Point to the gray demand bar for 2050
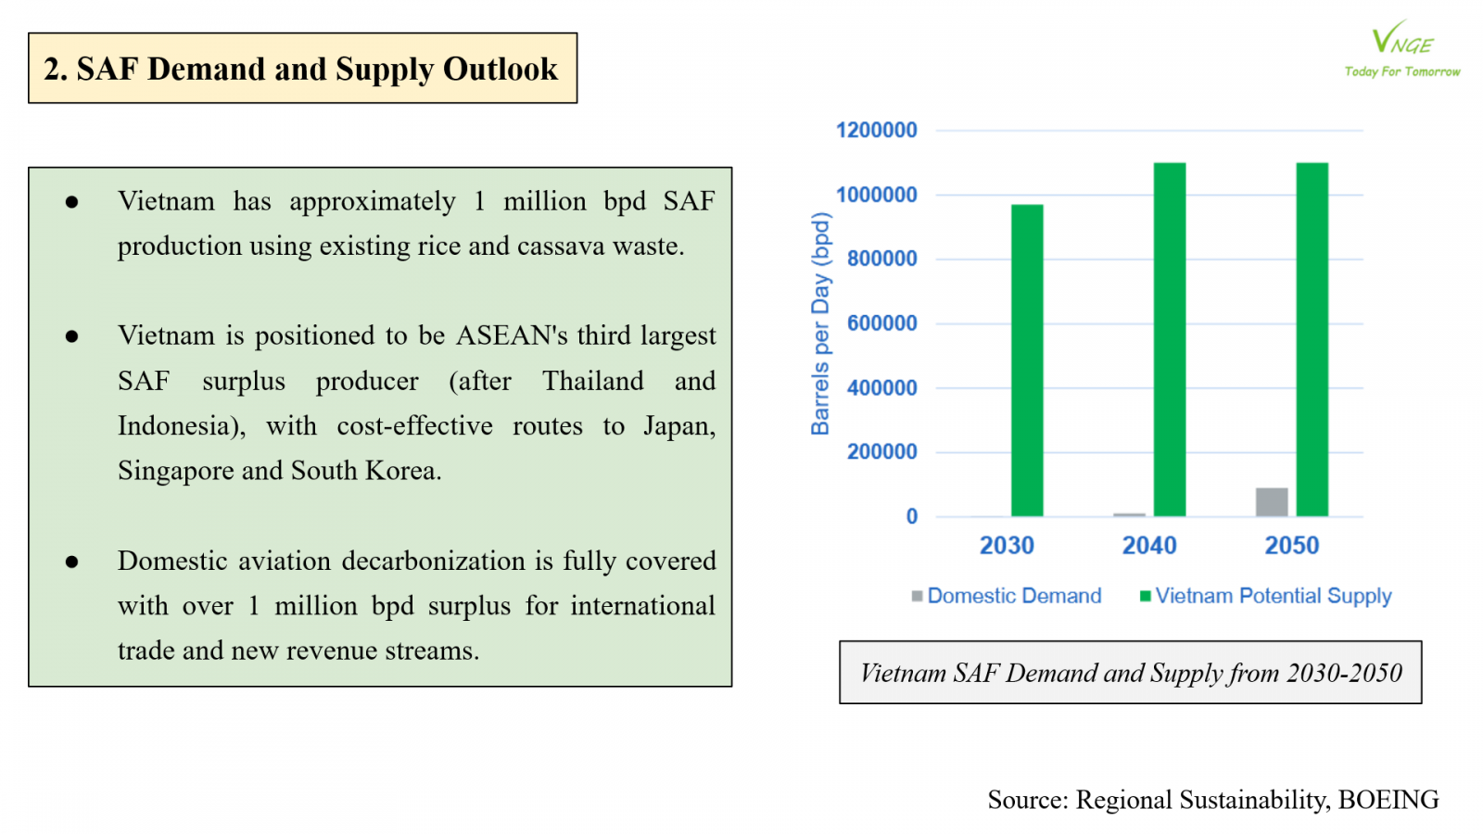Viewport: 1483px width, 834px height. (x=1272, y=501)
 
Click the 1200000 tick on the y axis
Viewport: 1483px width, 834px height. (x=876, y=131)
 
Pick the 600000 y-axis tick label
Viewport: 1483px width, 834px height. (x=881, y=323)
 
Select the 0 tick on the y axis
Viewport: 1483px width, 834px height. (x=912, y=516)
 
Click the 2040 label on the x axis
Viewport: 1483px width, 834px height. (x=1149, y=546)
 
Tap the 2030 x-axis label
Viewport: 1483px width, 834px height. (x=1007, y=546)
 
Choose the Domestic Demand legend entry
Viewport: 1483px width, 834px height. (x=1007, y=596)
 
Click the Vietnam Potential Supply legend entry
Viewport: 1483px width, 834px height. (x=1266, y=596)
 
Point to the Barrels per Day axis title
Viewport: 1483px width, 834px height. (x=820, y=324)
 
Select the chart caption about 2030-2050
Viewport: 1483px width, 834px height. (x=1131, y=673)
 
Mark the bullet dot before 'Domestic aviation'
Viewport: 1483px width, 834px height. (x=72, y=562)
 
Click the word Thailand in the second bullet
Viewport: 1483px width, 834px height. (x=592, y=381)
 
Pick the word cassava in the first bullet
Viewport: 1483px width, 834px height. (x=561, y=246)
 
